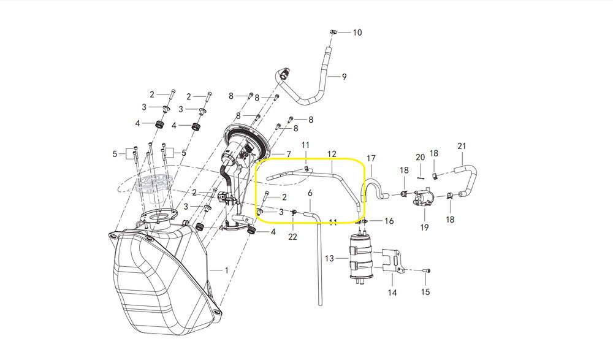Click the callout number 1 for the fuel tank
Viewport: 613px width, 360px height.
(x=226, y=270)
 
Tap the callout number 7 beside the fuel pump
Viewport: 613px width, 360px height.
(x=289, y=154)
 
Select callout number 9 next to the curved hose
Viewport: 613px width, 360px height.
(x=344, y=77)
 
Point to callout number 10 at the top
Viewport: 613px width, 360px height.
(x=357, y=32)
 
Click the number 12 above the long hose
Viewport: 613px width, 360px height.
(x=332, y=154)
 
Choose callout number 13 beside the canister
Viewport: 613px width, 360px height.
(x=330, y=258)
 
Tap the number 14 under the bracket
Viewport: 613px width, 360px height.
(x=392, y=293)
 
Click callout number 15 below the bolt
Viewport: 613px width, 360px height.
(x=425, y=292)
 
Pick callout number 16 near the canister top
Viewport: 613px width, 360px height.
(x=389, y=221)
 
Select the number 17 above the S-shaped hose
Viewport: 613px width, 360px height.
(x=371, y=158)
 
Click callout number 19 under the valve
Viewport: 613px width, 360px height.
(x=424, y=228)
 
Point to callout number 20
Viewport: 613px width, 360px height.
(x=421, y=157)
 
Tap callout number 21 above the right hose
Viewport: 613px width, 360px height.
(x=462, y=146)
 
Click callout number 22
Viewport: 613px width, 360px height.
(x=292, y=237)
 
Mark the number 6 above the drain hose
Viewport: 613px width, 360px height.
(x=310, y=193)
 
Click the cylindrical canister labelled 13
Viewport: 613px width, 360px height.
(x=360, y=256)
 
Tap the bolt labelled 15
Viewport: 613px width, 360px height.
(x=427, y=271)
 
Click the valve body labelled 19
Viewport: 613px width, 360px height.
(x=422, y=197)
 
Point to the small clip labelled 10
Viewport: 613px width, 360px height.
(x=333, y=32)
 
